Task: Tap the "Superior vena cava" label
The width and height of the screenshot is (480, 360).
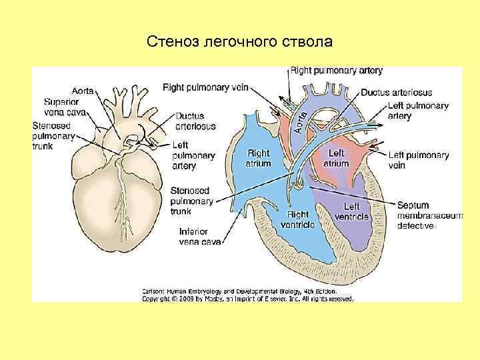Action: pyautogui.click(x=65, y=107)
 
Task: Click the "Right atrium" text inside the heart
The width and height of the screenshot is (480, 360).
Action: pyautogui.click(x=259, y=158)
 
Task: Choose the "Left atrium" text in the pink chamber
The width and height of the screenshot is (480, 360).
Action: pyautogui.click(x=337, y=158)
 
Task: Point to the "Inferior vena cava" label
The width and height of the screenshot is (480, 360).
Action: pyautogui.click(x=199, y=236)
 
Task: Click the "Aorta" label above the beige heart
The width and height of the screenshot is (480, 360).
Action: pyautogui.click(x=83, y=90)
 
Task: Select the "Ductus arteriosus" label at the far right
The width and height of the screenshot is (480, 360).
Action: pyautogui.click(x=396, y=93)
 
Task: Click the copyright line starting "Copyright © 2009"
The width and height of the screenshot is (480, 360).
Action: pyautogui.click(x=247, y=299)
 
